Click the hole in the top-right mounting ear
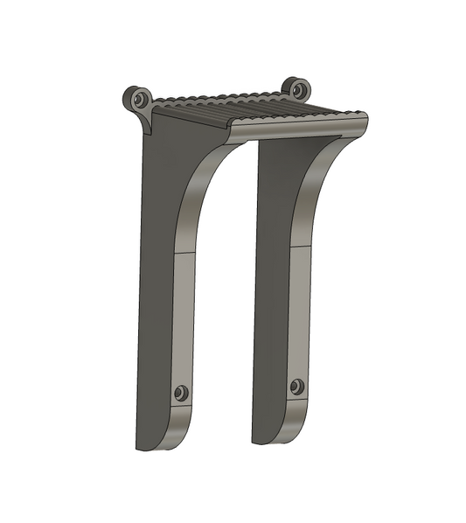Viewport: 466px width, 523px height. click(298, 88)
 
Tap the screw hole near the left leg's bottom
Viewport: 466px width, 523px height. click(181, 393)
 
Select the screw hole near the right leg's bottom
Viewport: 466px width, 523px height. click(298, 386)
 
